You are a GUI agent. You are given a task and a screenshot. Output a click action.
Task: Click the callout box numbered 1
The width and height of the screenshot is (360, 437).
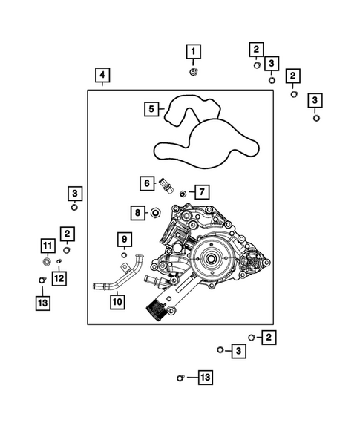click(193, 51)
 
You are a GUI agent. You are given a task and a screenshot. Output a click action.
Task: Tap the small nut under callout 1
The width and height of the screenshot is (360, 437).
click(193, 72)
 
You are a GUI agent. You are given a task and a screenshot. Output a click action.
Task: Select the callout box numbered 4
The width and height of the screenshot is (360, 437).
click(102, 75)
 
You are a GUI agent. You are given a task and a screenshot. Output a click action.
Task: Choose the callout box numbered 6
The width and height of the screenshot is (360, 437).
click(147, 183)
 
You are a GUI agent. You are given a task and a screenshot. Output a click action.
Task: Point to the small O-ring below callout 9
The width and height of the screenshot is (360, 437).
click(124, 255)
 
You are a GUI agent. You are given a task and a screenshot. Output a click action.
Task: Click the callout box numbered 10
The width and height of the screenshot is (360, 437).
click(117, 302)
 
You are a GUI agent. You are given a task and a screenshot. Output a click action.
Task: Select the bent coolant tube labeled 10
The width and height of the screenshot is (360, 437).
click(119, 278)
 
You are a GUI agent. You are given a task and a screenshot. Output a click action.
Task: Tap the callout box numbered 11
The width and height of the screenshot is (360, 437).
click(47, 246)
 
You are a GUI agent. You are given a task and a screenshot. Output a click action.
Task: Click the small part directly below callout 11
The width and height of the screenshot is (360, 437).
click(47, 261)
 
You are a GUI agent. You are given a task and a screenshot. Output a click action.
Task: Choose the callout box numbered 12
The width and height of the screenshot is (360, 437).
click(59, 278)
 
